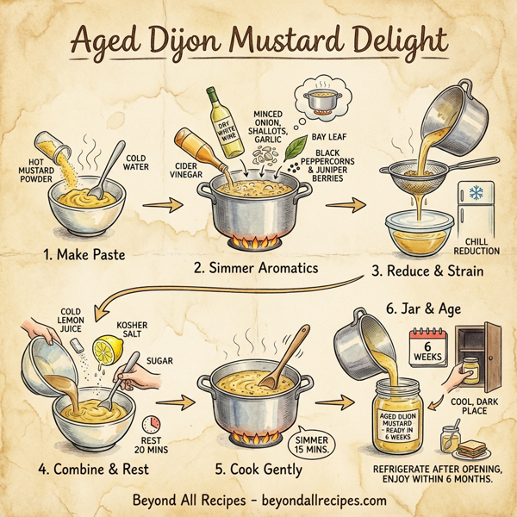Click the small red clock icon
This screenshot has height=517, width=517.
[x=153, y=425]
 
